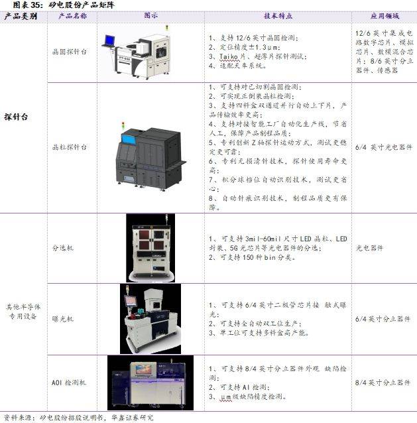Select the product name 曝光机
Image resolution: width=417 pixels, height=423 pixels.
tap(64, 319)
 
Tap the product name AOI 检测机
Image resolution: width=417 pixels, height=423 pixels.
tap(69, 383)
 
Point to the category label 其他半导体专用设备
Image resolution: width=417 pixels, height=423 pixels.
tap(24, 311)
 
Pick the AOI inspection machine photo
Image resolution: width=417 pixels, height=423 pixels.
tap(153, 382)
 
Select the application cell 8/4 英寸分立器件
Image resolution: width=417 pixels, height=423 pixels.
tap(383, 383)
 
